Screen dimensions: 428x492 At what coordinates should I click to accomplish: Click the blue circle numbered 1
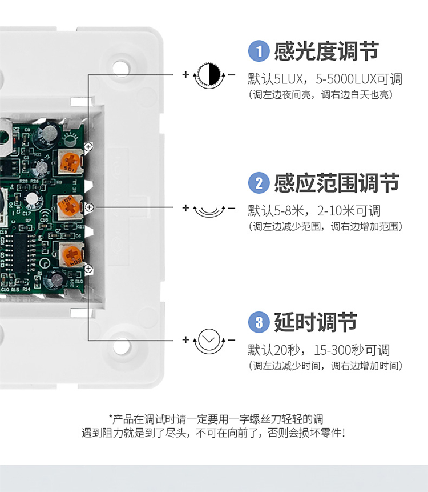259,51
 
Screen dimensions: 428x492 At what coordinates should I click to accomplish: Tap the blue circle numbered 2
259,183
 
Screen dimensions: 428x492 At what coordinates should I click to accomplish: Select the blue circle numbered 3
259,322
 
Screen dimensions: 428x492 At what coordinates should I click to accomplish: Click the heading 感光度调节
326,51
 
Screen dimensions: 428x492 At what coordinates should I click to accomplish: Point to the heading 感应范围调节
337,183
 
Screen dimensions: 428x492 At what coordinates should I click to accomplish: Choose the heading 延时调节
316,322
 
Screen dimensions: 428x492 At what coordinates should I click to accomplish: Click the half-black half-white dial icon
209,75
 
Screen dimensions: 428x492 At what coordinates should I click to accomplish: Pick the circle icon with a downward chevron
209,341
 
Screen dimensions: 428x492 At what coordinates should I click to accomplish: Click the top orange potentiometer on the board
69,162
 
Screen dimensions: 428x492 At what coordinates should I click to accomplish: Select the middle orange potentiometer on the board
69,206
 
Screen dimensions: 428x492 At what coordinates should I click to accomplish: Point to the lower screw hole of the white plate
122,347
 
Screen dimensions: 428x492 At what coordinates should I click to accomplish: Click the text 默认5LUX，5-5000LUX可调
325,79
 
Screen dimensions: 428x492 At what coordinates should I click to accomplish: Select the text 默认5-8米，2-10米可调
314,211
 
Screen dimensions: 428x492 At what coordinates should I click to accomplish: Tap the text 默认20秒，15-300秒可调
319,350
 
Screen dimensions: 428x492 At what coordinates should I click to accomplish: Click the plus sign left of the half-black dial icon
186,74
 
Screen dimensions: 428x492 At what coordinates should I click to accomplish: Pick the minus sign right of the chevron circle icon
232,340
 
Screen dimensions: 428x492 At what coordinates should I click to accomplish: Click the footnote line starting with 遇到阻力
213,433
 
